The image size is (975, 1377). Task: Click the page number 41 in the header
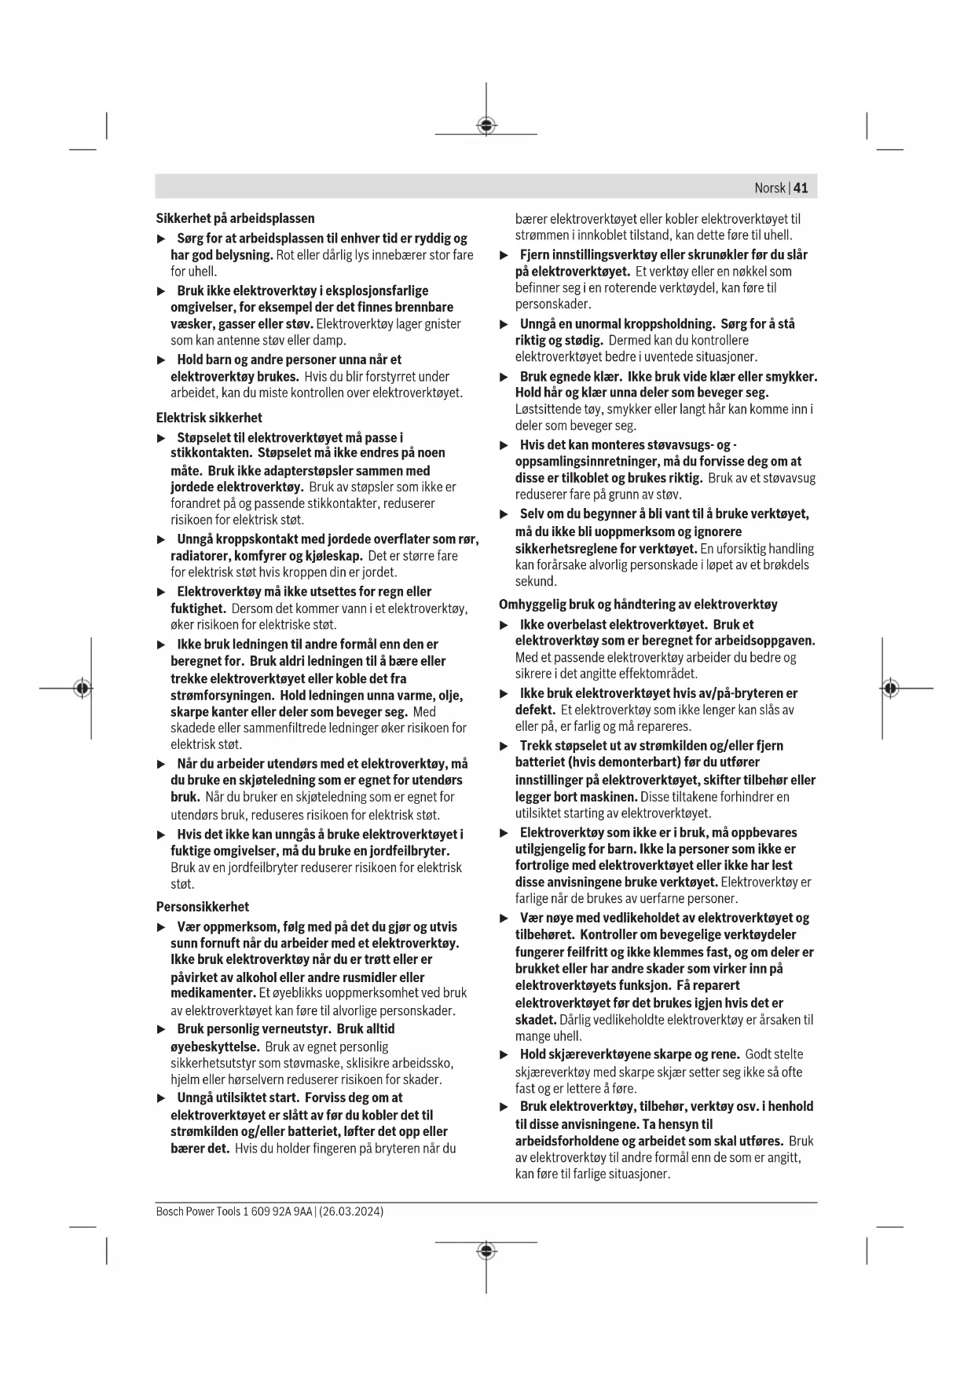801,188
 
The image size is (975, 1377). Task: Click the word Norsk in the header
769,188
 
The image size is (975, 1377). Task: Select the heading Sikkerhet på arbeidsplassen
235,218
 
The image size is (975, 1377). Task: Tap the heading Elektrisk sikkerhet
209,418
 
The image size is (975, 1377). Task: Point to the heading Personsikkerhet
202,907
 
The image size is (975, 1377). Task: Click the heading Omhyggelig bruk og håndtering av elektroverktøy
638,604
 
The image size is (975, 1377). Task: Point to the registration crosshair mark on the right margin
889,688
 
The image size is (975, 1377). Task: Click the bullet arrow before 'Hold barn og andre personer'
162,360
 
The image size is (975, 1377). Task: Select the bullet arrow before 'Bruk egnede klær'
505,377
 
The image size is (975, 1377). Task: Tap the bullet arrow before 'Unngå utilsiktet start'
162,1098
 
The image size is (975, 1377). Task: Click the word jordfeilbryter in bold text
409,851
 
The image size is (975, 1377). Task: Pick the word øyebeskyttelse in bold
214,1046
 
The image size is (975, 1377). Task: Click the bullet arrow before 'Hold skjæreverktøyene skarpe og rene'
505,1054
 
